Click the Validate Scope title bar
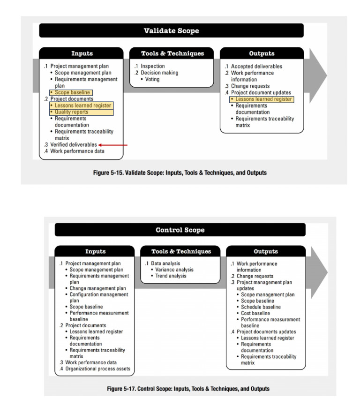tap(171, 31)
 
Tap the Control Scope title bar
tap(180, 230)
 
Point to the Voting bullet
tap(152, 79)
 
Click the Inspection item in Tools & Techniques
tap(152, 67)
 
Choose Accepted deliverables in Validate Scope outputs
tap(256, 67)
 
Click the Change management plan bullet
tap(97, 288)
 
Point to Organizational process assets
tap(97, 369)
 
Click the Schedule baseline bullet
tap(261, 307)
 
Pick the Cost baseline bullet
tap(255, 313)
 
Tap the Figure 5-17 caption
tap(180, 389)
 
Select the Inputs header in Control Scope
tap(95, 252)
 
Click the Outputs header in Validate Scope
tap(262, 53)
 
